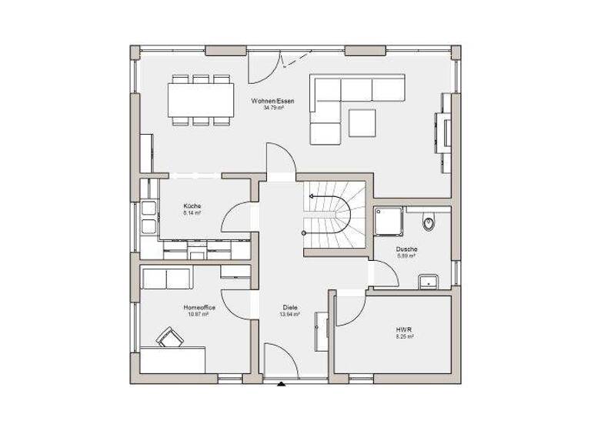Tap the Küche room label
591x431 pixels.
[x=192, y=206]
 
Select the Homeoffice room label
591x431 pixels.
[x=199, y=308]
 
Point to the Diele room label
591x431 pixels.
[x=289, y=308]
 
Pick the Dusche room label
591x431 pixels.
[x=406, y=249]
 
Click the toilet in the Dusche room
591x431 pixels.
[x=429, y=222]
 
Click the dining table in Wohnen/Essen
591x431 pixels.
[x=201, y=99]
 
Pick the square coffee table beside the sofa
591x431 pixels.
[x=362, y=122]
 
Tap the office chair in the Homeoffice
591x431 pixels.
[x=168, y=336]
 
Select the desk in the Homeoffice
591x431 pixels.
[x=173, y=360]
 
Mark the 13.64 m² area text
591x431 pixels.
[x=289, y=315]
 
